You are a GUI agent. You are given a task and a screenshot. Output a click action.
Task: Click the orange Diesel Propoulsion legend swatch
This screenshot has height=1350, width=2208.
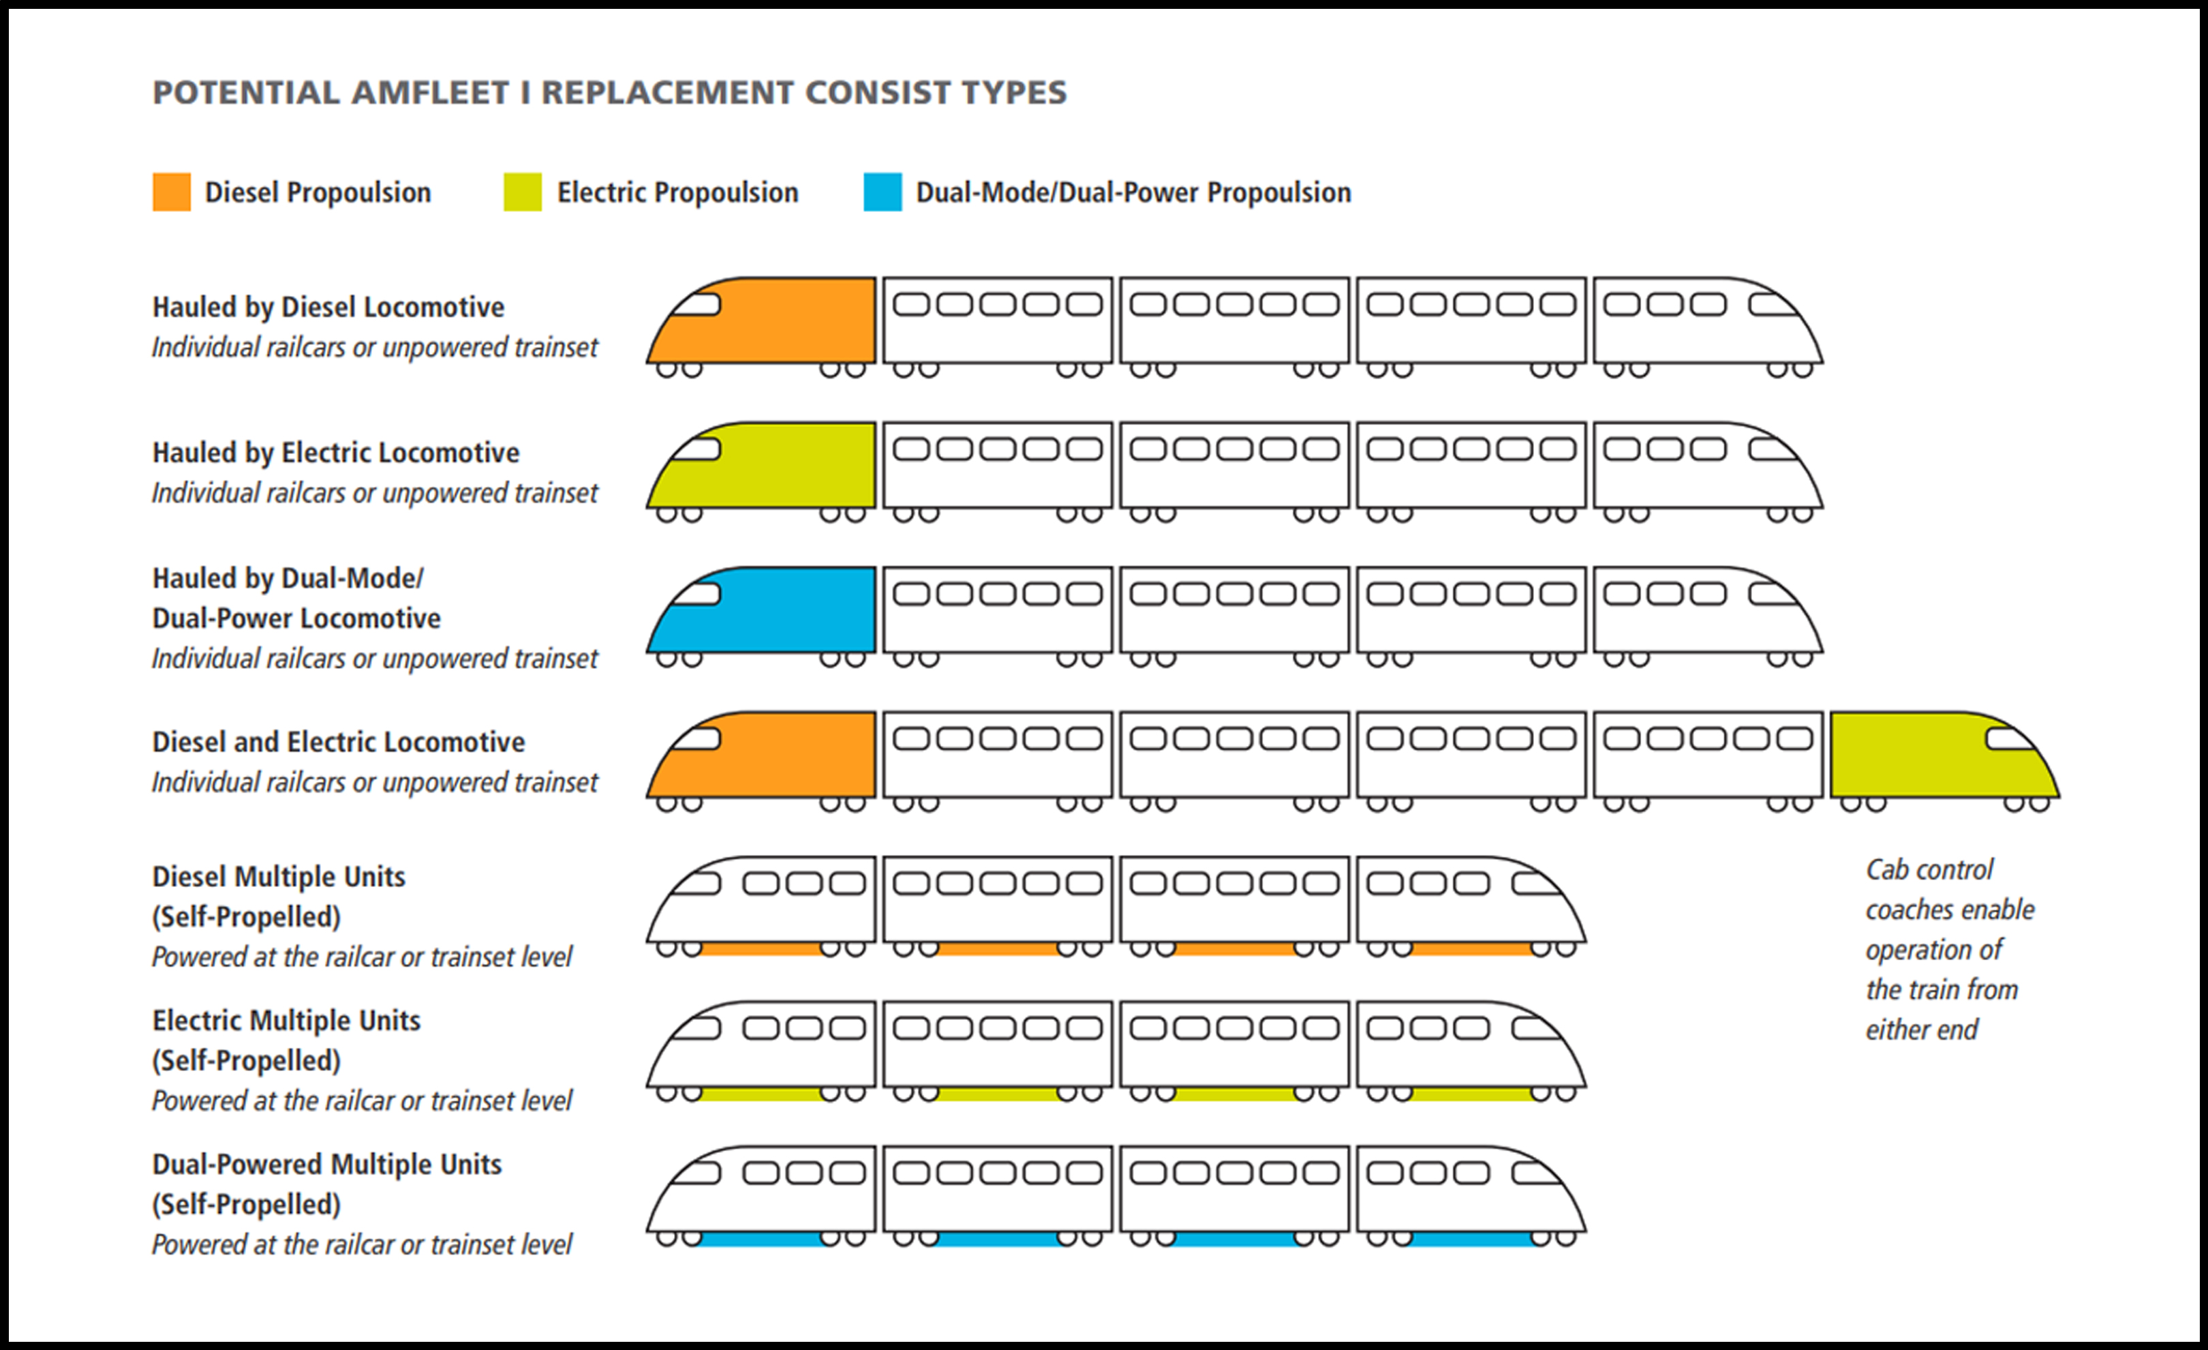[x=171, y=192]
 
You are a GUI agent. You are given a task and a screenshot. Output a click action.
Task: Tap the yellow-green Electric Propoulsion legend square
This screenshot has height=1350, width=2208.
[x=523, y=192]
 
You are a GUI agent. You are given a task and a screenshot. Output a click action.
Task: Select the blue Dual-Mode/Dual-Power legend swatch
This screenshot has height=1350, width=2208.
[x=883, y=192]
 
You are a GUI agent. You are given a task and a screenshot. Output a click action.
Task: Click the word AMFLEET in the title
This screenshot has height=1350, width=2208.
[x=429, y=92]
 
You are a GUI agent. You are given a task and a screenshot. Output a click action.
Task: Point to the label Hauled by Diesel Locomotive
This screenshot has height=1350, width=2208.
[x=328, y=307]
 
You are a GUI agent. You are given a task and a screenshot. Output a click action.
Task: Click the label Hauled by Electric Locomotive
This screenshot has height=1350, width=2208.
[x=336, y=453]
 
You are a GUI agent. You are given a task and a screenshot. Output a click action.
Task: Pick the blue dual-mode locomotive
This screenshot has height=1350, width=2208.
[x=762, y=610]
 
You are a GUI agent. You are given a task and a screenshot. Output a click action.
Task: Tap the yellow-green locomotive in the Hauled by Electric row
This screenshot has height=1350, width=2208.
[x=762, y=465]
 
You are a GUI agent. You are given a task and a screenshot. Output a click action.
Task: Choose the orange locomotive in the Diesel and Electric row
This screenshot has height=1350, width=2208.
[x=762, y=755]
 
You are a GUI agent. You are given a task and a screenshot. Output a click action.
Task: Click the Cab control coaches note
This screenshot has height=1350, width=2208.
[x=1950, y=949]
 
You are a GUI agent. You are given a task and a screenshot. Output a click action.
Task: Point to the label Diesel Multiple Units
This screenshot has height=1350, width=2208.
[x=279, y=876]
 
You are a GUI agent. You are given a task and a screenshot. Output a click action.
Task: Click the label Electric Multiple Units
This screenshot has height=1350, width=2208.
[x=286, y=1020]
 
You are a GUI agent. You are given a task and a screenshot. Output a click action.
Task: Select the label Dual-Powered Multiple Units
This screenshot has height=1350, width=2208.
[x=327, y=1164]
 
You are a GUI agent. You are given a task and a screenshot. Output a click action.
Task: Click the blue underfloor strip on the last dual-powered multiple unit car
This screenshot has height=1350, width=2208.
[x=1471, y=1239]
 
